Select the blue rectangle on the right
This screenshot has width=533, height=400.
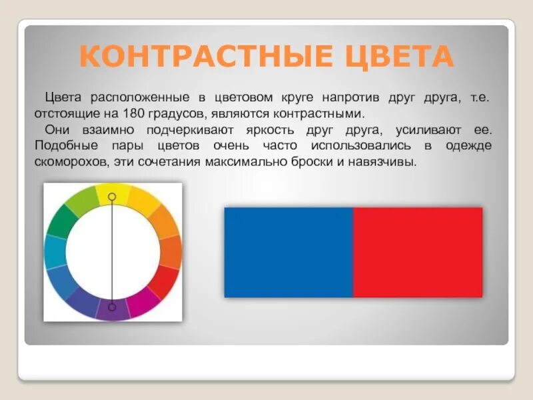(288, 252)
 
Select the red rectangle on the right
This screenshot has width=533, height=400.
(418, 252)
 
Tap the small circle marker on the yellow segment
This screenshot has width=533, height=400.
(112, 197)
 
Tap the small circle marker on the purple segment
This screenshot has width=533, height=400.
(112, 307)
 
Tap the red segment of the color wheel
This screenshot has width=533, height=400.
(163, 282)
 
